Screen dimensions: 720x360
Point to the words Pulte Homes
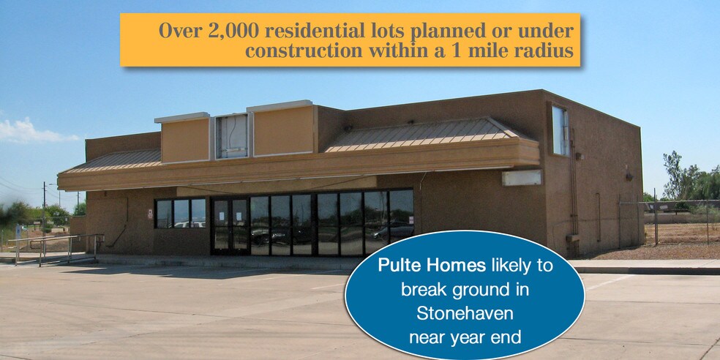[x=432, y=266]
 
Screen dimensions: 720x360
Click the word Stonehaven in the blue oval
[x=465, y=313]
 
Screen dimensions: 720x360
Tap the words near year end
[x=465, y=338]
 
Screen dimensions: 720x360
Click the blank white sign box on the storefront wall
[x=522, y=178]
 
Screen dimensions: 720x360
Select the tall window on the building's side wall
[x=560, y=131]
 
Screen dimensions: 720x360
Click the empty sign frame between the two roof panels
[x=233, y=136]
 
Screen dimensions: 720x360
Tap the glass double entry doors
[x=230, y=226]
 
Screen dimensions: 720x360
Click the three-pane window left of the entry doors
[x=180, y=213]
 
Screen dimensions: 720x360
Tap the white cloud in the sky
[x=32, y=131]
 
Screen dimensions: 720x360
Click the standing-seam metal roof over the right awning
[x=424, y=134]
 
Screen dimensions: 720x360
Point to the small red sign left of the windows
[x=150, y=214]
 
